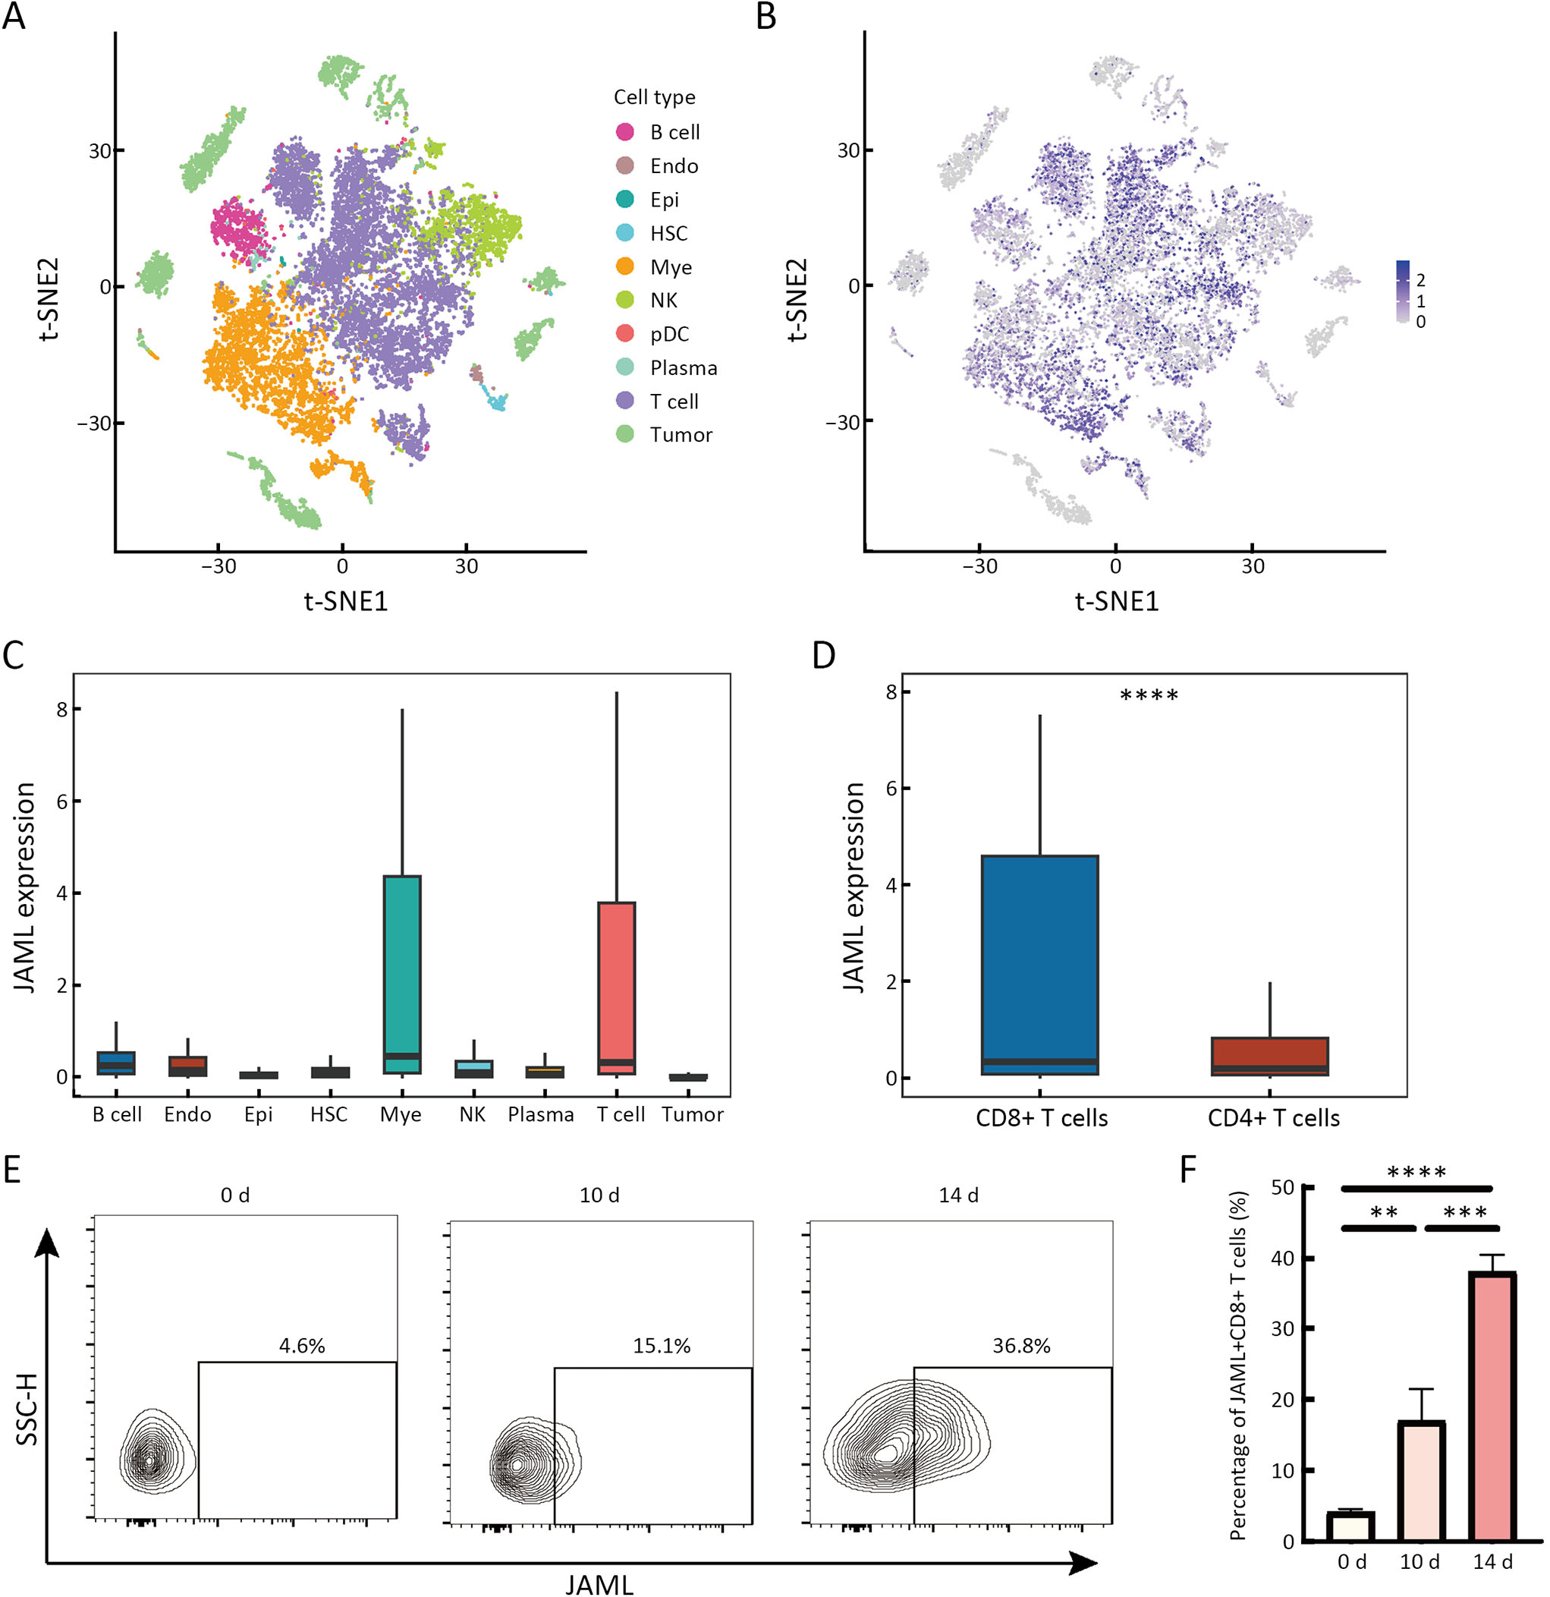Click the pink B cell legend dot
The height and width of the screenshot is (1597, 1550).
tap(624, 132)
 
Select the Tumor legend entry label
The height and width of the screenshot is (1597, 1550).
tap(681, 435)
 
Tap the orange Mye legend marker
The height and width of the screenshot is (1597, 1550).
tap(624, 266)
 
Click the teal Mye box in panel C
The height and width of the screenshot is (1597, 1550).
tap(401, 974)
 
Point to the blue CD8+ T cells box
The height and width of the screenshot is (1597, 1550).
tap(1040, 965)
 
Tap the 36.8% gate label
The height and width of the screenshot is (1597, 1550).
tap(1020, 1346)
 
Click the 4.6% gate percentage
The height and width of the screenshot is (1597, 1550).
tap(302, 1345)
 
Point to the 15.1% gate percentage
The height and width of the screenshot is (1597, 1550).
tap(662, 1346)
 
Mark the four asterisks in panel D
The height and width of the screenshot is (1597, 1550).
tap(1149, 696)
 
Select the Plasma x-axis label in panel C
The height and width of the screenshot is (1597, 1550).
tap(541, 1115)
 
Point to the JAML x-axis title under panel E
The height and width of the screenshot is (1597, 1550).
tap(599, 1584)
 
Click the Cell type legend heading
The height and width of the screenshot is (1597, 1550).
tap(654, 97)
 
